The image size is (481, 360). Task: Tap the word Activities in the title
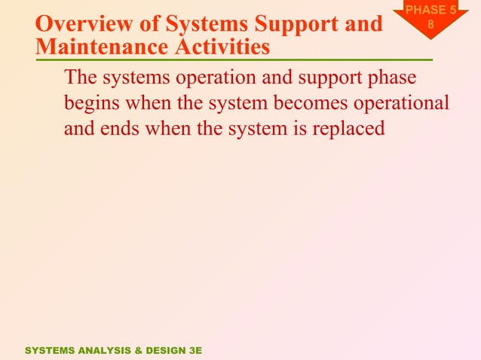pyautogui.click(x=222, y=48)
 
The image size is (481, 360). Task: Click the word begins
pyautogui.click(x=94, y=103)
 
